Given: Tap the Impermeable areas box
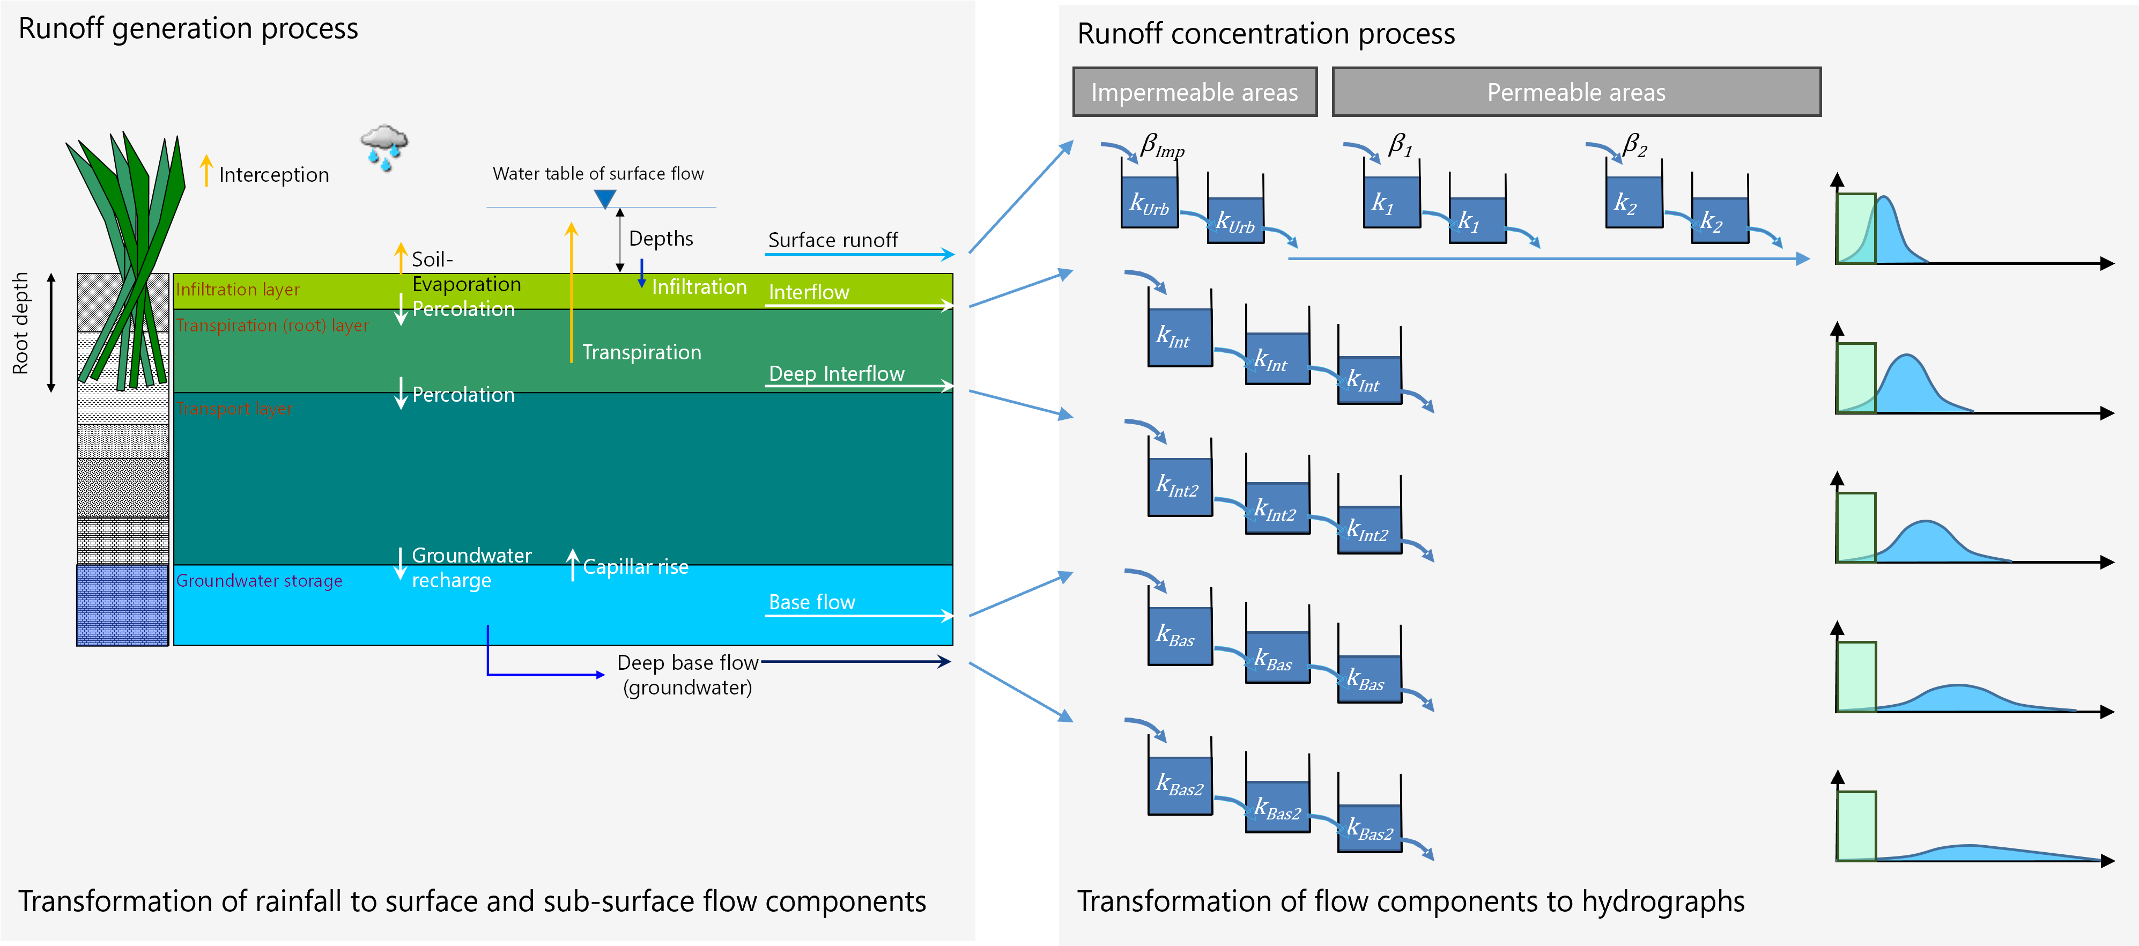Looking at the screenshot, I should point(1194,92).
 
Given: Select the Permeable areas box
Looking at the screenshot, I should point(1575,92).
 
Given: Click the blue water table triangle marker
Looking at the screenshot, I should point(605,198).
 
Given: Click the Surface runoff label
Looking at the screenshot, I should point(832,240).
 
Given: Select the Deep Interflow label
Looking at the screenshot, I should point(836,374).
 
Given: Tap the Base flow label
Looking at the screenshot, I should point(811,602).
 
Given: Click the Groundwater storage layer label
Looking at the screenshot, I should point(258,581).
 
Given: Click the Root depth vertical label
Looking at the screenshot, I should point(20,324).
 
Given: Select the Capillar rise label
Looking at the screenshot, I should point(635,567).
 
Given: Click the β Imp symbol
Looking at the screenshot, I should point(1161,146).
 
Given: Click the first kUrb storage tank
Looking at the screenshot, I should point(1149,202).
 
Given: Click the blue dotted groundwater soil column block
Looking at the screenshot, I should point(122,605).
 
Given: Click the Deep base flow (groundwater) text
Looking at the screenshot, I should point(687,675).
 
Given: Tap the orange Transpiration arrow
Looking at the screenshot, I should point(571,291).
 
